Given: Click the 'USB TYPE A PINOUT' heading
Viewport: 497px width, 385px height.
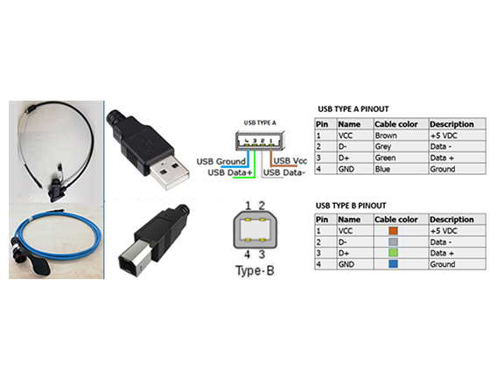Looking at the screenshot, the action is point(353,109).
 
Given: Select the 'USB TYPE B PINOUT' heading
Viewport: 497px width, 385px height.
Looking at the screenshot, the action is point(351,206).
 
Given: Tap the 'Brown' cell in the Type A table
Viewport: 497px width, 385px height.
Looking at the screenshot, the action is point(386,136).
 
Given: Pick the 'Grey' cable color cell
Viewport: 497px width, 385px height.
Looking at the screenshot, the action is point(383,147).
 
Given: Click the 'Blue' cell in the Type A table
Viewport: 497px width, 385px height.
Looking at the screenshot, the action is point(382,169).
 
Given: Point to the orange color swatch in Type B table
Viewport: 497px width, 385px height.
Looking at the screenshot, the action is point(393,231).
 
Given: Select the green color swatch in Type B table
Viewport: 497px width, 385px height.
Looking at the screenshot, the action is point(393,253).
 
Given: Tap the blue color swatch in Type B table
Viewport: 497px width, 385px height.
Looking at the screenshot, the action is point(393,264).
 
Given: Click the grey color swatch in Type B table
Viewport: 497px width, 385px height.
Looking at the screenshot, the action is point(393,241).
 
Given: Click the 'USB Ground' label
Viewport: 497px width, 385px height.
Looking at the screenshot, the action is point(220,162).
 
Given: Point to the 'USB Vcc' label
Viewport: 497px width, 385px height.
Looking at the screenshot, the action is point(290,161).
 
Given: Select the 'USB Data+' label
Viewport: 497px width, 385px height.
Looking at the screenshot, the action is point(230,172).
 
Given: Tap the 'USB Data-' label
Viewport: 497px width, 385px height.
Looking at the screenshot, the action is point(284,172).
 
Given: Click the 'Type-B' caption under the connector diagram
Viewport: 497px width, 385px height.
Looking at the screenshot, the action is point(255,270).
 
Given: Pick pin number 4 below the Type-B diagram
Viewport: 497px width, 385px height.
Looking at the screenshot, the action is point(248,254).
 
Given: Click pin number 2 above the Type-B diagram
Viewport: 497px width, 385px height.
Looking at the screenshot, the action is point(262,206).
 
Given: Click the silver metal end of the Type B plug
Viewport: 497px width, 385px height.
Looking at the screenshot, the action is point(134,257).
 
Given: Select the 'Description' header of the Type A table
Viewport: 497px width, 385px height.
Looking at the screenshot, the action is point(451,124).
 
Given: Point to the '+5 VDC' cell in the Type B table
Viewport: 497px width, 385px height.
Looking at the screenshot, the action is point(444,231).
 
